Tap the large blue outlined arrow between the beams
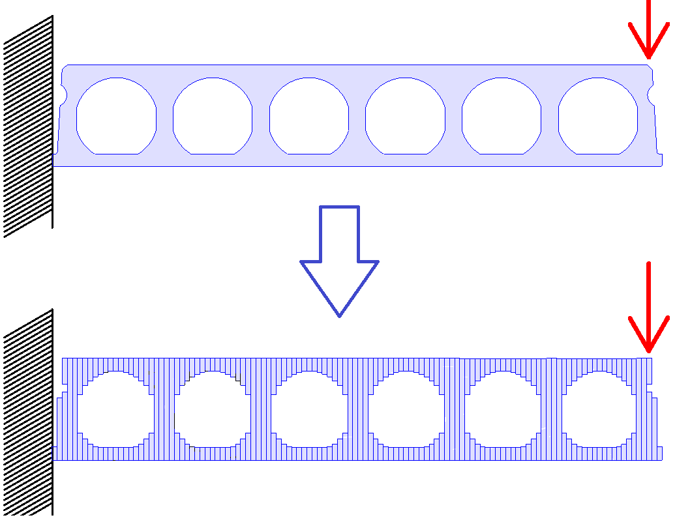(339, 261)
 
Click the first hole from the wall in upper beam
(117, 116)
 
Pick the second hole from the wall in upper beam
(213, 116)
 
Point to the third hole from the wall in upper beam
(309, 116)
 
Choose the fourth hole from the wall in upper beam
(405, 116)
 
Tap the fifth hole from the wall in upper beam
(502, 116)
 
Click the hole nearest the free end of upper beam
(597, 116)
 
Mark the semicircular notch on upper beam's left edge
(64, 96)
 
